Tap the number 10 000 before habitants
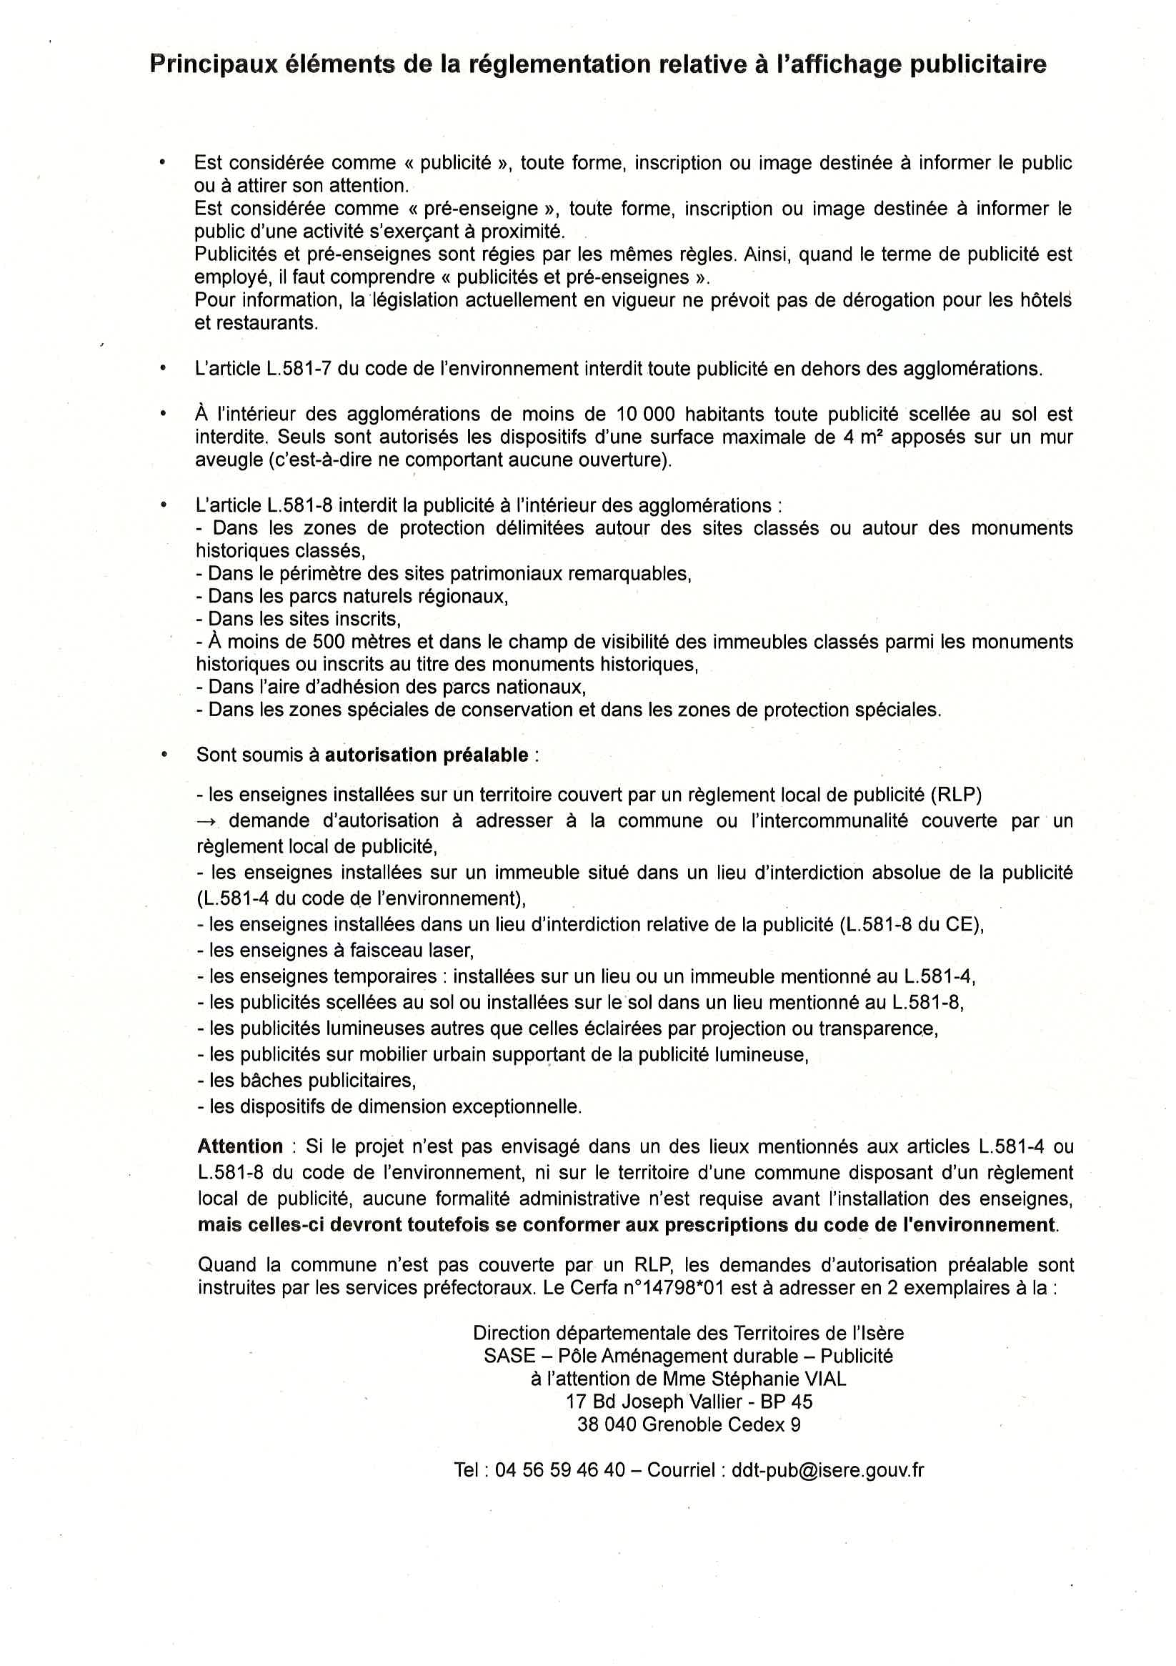pyautogui.click(x=645, y=415)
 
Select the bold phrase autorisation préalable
pyautogui.click(x=426, y=755)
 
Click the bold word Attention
pyautogui.click(x=240, y=1146)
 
